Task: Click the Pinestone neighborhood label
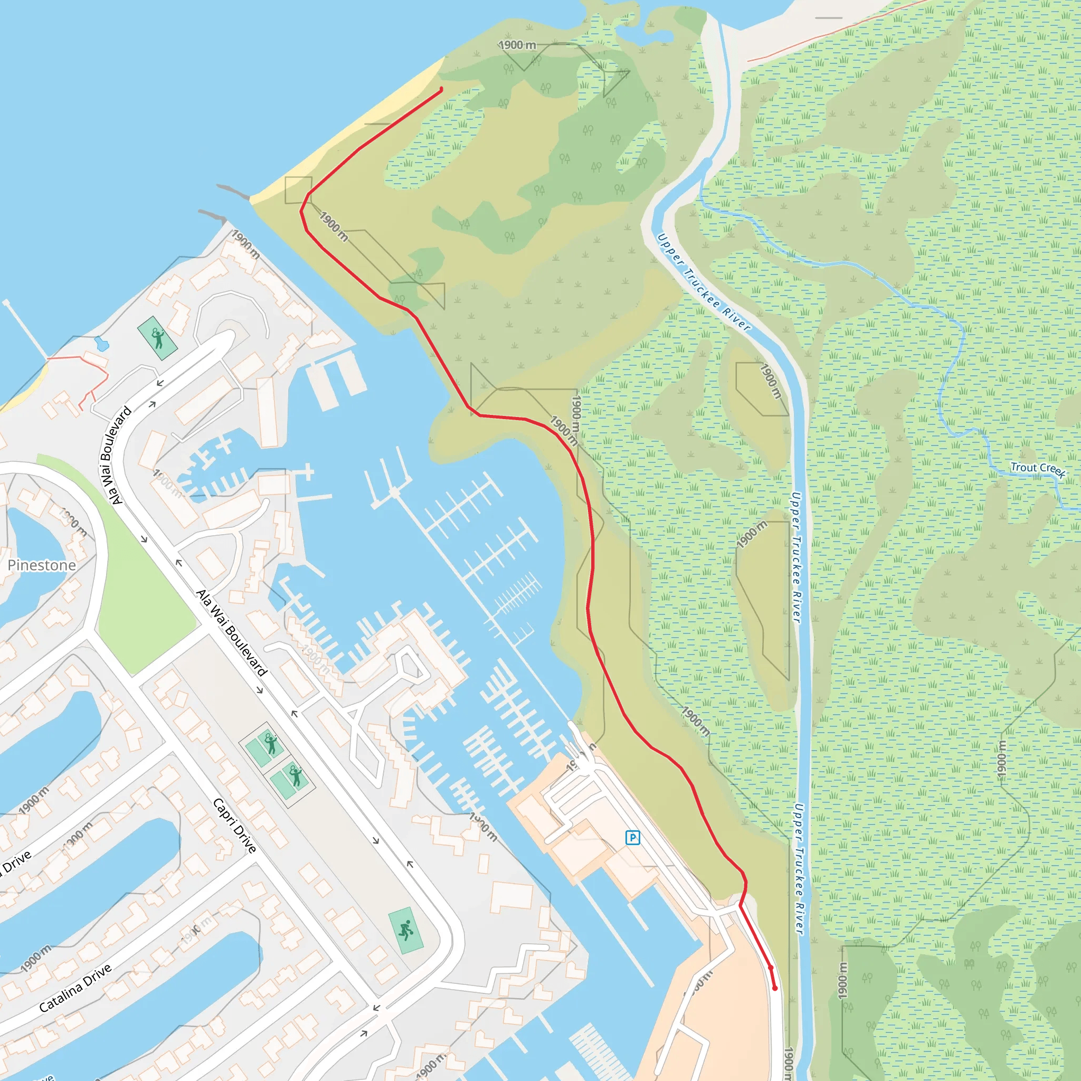click(x=42, y=565)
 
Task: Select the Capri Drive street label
click(x=235, y=826)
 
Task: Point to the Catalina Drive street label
click(x=75, y=988)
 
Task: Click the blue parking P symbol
click(x=632, y=838)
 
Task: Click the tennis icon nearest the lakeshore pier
click(x=158, y=338)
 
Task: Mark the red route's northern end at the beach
click(x=441, y=89)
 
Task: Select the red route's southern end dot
click(x=775, y=989)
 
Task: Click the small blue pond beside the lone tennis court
click(x=102, y=343)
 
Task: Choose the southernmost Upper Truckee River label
click(x=799, y=868)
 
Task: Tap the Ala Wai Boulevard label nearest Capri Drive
click(x=231, y=633)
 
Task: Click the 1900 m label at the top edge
click(x=517, y=45)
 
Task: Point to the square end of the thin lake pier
click(x=6, y=302)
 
